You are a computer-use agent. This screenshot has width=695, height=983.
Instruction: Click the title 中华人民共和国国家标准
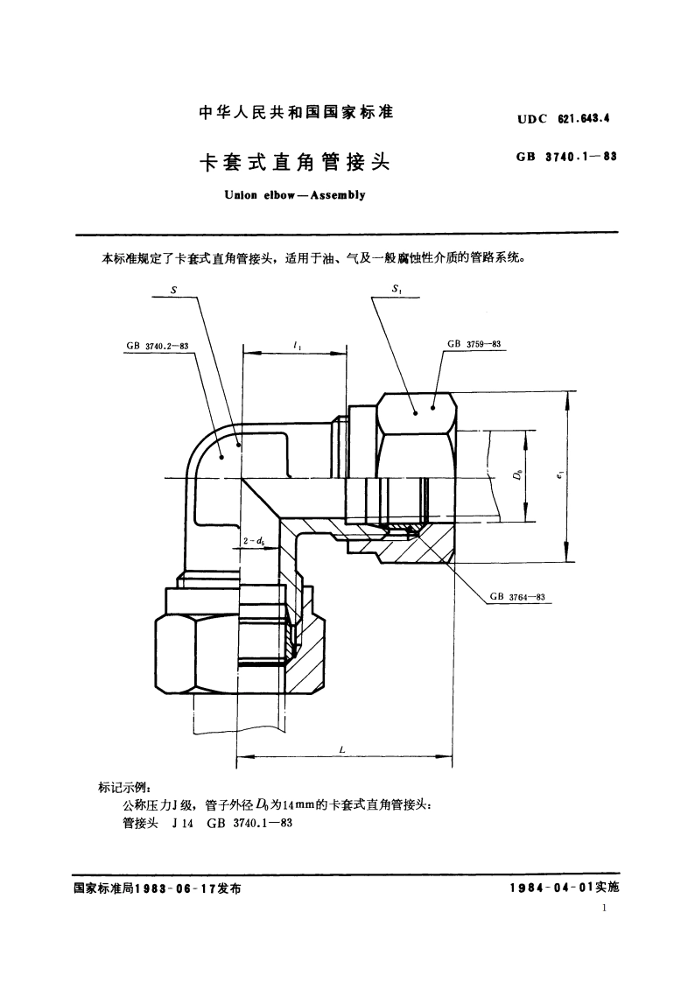[297, 113]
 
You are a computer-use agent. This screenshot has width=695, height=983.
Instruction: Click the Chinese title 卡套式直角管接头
[297, 163]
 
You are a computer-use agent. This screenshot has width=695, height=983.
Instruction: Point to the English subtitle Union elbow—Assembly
[296, 195]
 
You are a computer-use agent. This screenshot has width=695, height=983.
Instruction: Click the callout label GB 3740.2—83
[158, 346]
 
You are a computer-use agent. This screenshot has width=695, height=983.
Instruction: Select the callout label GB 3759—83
[474, 345]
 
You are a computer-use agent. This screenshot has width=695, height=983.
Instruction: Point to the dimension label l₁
[299, 347]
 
